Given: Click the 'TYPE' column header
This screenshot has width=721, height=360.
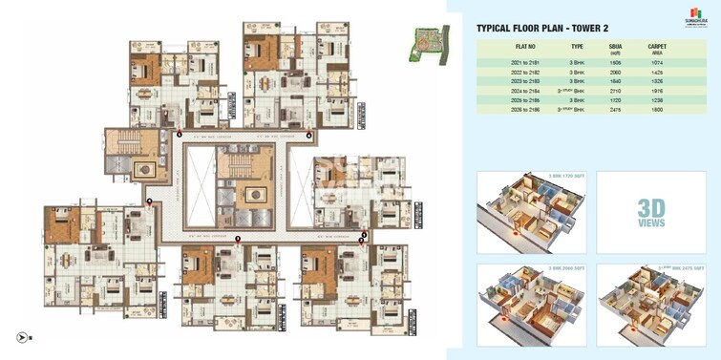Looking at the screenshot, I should (x=577, y=46).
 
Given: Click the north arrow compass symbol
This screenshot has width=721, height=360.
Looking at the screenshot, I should (x=21, y=336).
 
